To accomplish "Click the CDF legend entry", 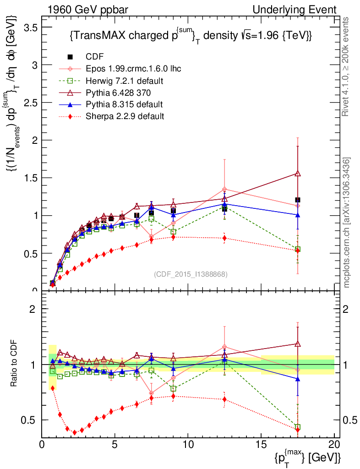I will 95,57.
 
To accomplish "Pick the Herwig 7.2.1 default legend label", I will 125,81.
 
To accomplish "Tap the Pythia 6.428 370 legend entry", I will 121,93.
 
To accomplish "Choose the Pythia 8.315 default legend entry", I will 124,104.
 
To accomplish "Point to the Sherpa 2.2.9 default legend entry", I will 125,116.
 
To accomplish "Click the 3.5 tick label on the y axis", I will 30,27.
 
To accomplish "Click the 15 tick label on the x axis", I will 261,444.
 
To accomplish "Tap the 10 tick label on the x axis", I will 188,444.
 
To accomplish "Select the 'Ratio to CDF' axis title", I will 15,364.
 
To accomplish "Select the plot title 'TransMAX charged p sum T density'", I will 191,36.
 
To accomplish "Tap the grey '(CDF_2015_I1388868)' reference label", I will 190,274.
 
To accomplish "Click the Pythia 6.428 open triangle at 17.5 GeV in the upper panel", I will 298,174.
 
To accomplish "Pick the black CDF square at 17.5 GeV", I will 298,200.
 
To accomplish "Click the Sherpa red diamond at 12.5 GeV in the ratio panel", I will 224,399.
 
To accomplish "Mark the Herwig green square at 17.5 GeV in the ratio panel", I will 298,427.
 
